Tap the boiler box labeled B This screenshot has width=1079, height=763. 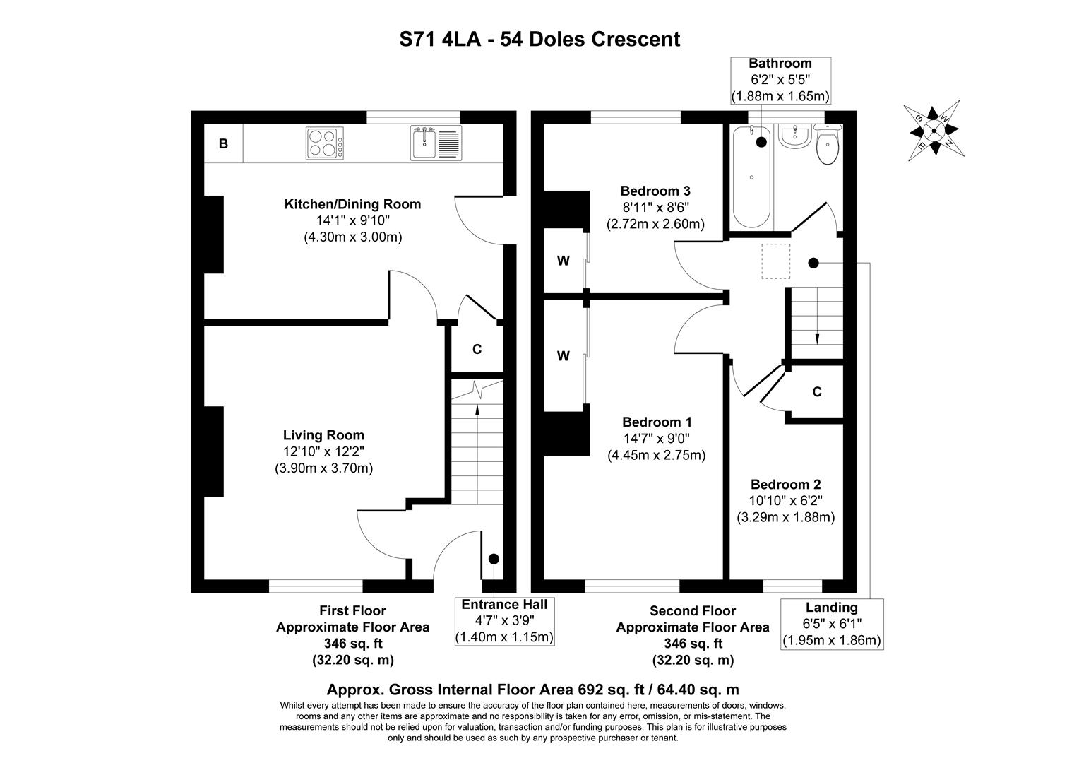223,144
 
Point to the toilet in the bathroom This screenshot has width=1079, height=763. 827,145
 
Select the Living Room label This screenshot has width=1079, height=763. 323,435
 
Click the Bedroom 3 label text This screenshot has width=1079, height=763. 655,191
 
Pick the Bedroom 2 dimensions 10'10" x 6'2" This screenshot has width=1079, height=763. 785,501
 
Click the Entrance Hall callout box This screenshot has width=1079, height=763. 504,621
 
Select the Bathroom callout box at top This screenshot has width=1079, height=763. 780,80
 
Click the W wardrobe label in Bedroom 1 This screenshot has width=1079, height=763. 563,356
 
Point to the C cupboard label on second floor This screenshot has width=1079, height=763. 817,392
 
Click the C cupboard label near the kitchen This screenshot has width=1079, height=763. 477,349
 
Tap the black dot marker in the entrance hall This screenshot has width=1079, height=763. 494,559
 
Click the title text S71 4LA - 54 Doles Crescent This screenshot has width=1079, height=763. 539,39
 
